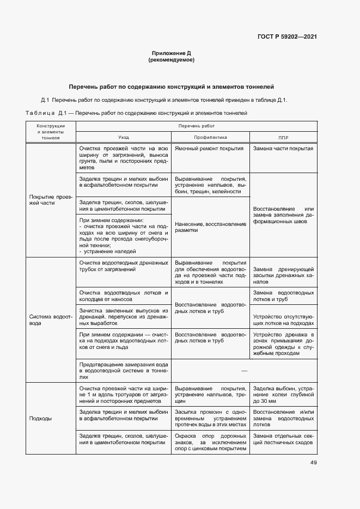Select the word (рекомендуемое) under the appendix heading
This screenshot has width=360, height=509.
tap(171, 60)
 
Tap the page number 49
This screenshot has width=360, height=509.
tap(313, 463)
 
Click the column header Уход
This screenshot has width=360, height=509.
tap(124, 138)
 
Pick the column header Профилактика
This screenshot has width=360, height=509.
tap(210, 138)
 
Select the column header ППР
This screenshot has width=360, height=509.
tap(283, 138)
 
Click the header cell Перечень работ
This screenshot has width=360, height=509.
tap(196, 126)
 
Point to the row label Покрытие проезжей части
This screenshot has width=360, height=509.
tap(47, 199)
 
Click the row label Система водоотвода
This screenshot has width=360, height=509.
tap(47, 319)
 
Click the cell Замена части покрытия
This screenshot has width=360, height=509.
tap(283, 148)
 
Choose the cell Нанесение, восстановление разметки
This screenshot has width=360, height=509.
tap(210, 226)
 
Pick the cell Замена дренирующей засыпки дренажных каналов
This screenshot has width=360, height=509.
tap(283, 276)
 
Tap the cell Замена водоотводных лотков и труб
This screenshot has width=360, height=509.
tap(283, 296)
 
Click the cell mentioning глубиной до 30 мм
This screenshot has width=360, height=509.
tap(283, 394)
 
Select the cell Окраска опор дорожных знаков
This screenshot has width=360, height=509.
tap(210, 442)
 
